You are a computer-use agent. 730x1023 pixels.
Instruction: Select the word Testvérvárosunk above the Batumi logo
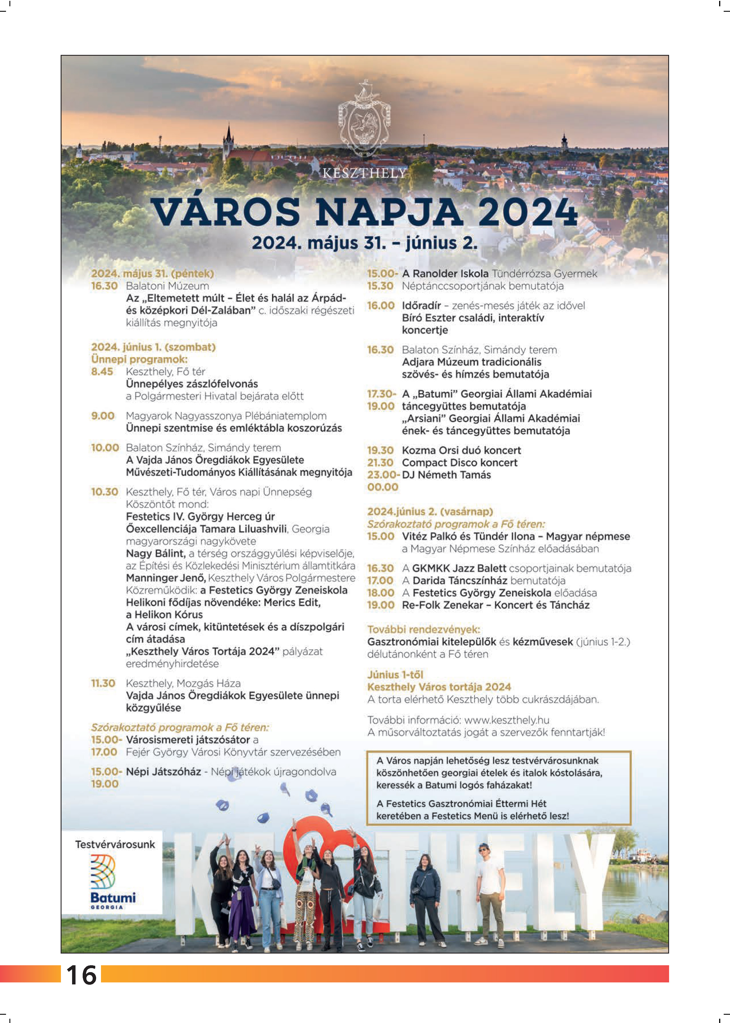coord(115,844)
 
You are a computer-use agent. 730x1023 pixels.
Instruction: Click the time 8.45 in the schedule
coord(102,371)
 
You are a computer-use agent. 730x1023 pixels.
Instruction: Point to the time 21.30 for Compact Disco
coord(380,462)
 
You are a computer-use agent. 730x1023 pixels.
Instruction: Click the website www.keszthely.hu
coord(507,720)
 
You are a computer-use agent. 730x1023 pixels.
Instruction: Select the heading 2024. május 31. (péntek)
coord(152,274)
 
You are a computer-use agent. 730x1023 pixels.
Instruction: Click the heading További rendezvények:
coord(423,629)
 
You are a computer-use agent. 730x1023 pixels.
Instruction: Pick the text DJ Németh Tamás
coord(446,475)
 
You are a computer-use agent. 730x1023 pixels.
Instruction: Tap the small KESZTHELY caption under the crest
coord(364,173)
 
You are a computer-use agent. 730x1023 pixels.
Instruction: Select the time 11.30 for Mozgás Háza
coord(103,683)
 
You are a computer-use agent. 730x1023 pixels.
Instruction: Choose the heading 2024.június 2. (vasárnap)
coord(430,512)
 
